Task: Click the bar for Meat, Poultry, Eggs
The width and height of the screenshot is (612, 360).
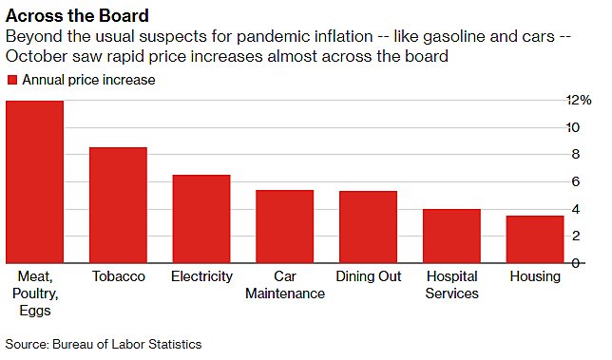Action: [x=34, y=181]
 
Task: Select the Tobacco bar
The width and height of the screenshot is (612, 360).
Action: [x=118, y=205]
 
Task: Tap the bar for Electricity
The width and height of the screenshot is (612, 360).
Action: [x=201, y=218]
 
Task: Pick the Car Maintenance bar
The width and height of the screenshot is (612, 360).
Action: [x=284, y=226]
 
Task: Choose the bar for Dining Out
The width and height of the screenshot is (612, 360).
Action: [x=368, y=227]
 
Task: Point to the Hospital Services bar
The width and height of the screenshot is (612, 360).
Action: [x=451, y=236]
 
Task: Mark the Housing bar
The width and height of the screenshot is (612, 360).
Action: [x=535, y=239]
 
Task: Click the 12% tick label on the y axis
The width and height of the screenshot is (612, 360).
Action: [x=578, y=100]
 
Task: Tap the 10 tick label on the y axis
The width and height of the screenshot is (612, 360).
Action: [x=573, y=127]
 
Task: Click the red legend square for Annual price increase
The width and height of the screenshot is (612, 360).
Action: [x=11, y=81]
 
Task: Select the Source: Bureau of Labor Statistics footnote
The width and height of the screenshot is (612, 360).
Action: [x=104, y=344]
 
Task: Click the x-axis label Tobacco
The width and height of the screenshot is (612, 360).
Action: [x=118, y=276]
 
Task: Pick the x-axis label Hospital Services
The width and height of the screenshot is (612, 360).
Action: [x=451, y=285]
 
